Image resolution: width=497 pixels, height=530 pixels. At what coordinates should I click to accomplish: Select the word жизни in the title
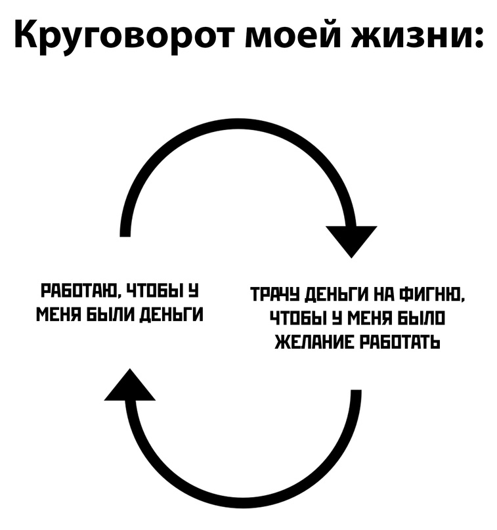[408, 35]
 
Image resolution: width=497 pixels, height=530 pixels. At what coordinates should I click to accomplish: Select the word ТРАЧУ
[275, 294]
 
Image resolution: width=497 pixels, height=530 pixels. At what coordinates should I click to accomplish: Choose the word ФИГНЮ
[431, 294]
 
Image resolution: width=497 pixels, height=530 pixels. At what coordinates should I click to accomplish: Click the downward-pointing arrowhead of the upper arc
[351, 241]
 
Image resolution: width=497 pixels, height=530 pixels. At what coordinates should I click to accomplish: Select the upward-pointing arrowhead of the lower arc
[130, 385]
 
